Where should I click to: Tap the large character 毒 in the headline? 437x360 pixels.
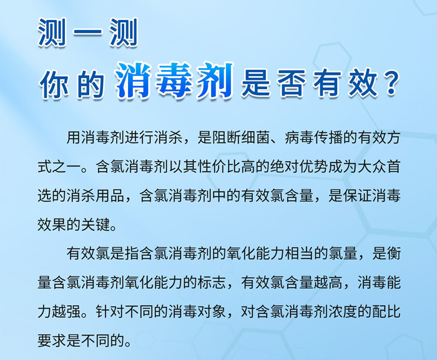point(174,81)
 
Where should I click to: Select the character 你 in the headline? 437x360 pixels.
point(54,84)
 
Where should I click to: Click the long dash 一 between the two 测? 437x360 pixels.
point(87,33)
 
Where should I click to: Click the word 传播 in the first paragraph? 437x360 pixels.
point(328,138)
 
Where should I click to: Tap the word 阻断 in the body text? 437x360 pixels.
point(227,138)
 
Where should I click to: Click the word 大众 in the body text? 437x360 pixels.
point(372,167)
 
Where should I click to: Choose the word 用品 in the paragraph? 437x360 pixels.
point(110,196)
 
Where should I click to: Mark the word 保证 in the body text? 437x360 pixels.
point(357,196)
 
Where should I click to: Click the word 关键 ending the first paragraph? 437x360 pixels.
point(96,225)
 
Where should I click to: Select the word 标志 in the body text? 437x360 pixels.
point(212,283)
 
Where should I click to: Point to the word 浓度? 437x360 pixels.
point(343,311)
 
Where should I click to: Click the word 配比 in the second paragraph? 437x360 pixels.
point(386,311)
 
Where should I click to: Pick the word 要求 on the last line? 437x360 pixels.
point(52,341)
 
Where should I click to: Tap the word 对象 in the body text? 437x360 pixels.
point(212,311)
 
